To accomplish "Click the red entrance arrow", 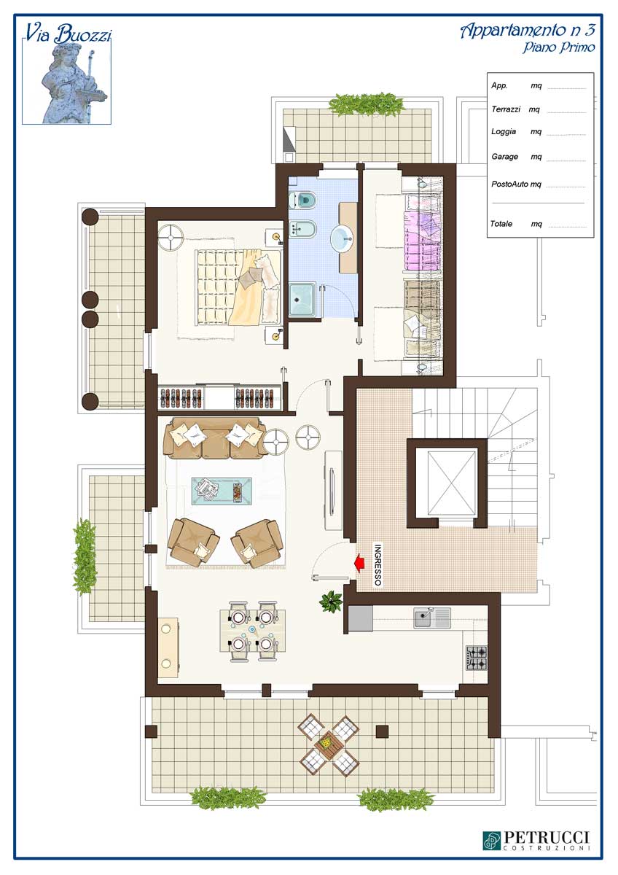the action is click(x=359, y=563).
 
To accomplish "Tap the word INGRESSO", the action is click(x=378, y=565).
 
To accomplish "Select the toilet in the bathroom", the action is click(x=303, y=200).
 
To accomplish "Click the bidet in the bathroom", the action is click(x=302, y=228).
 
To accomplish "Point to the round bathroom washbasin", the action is click(x=343, y=237).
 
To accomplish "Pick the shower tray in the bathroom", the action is click(x=302, y=300).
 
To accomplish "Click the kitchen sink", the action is click(x=432, y=617).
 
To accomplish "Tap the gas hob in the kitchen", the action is click(x=477, y=658).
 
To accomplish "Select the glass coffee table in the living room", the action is click(x=222, y=491).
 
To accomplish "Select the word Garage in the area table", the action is click(x=505, y=156).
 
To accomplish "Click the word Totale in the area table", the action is click(x=501, y=224).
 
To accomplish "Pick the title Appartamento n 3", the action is click(x=528, y=31).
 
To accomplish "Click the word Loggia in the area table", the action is click(x=504, y=131).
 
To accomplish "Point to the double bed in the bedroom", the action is click(x=238, y=287).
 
